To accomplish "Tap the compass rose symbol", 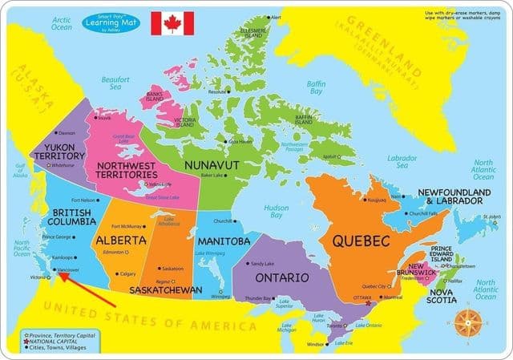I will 468,323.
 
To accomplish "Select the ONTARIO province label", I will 282,277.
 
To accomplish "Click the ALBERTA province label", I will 120,240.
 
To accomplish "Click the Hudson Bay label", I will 277,211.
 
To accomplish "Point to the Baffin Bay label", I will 317,86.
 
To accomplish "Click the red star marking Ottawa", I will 368,303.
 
